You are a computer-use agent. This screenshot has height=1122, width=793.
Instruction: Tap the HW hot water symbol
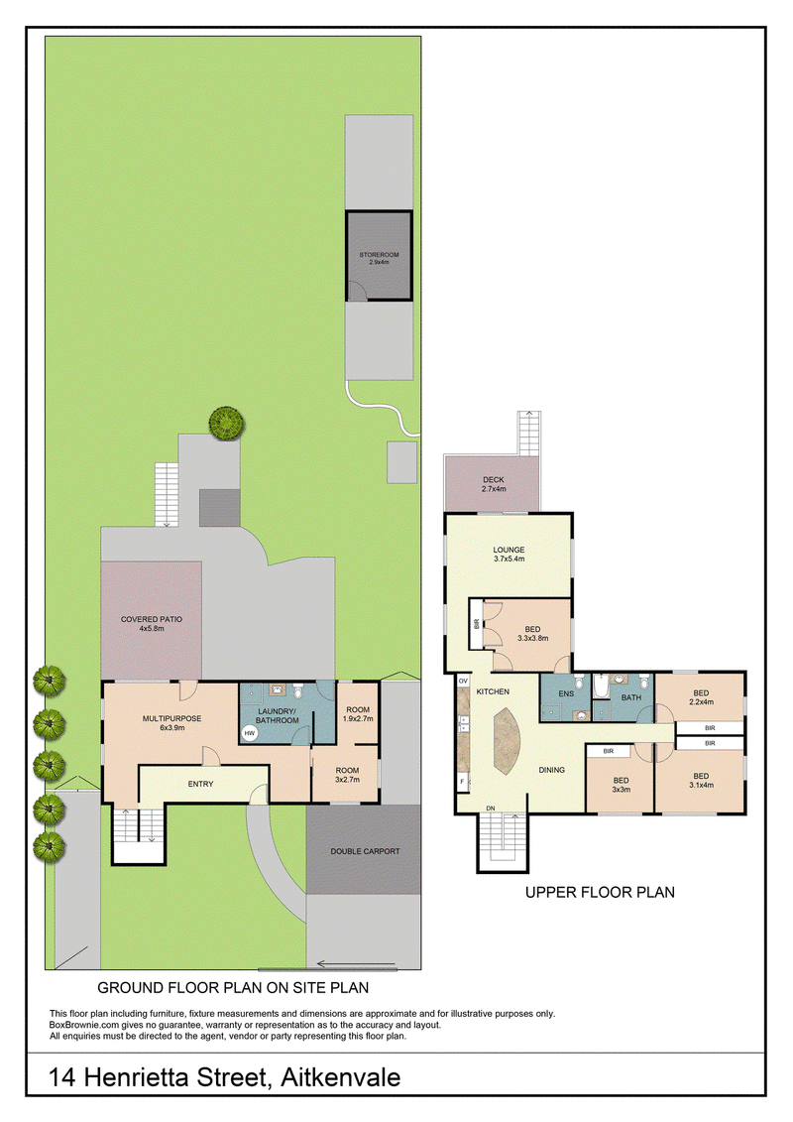click(x=250, y=733)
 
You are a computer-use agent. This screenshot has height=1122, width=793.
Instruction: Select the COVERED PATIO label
click(x=152, y=623)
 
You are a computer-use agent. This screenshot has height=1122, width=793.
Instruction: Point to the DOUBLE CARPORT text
click(x=365, y=851)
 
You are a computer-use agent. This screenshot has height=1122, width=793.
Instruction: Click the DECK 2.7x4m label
click(x=494, y=484)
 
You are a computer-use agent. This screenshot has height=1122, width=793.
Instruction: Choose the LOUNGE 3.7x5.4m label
click(x=510, y=554)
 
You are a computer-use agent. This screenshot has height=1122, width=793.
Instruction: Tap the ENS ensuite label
click(x=566, y=693)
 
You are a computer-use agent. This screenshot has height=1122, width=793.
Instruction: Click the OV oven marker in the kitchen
click(x=463, y=682)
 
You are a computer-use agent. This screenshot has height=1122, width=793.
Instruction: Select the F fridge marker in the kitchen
click(x=463, y=782)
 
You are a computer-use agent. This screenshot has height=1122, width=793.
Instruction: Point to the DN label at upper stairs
click(x=491, y=809)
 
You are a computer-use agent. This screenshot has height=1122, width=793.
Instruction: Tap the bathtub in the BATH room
click(x=601, y=687)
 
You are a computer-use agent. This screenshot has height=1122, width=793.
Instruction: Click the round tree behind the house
click(x=227, y=424)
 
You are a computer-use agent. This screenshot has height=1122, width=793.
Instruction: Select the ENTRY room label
click(x=200, y=785)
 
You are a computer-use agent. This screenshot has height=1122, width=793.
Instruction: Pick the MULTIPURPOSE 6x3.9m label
click(x=171, y=723)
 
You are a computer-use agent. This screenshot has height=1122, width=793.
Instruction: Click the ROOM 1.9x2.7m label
click(x=358, y=714)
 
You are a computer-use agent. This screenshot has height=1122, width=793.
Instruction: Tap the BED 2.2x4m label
click(x=701, y=697)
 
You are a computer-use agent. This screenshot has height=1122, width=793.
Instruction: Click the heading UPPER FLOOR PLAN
click(x=600, y=892)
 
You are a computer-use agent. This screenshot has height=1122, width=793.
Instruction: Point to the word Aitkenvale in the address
click(x=340, y=1077)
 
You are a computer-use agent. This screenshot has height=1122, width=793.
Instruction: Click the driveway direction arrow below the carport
click(x=356, y=963)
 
